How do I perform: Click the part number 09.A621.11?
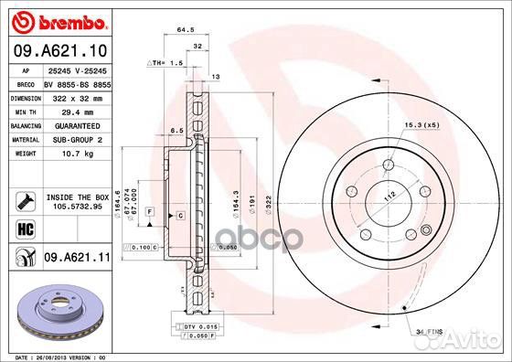(x=77, y=259)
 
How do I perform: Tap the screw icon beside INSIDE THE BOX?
(x=24, y=199)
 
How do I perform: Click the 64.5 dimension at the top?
(x=186, y=29)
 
